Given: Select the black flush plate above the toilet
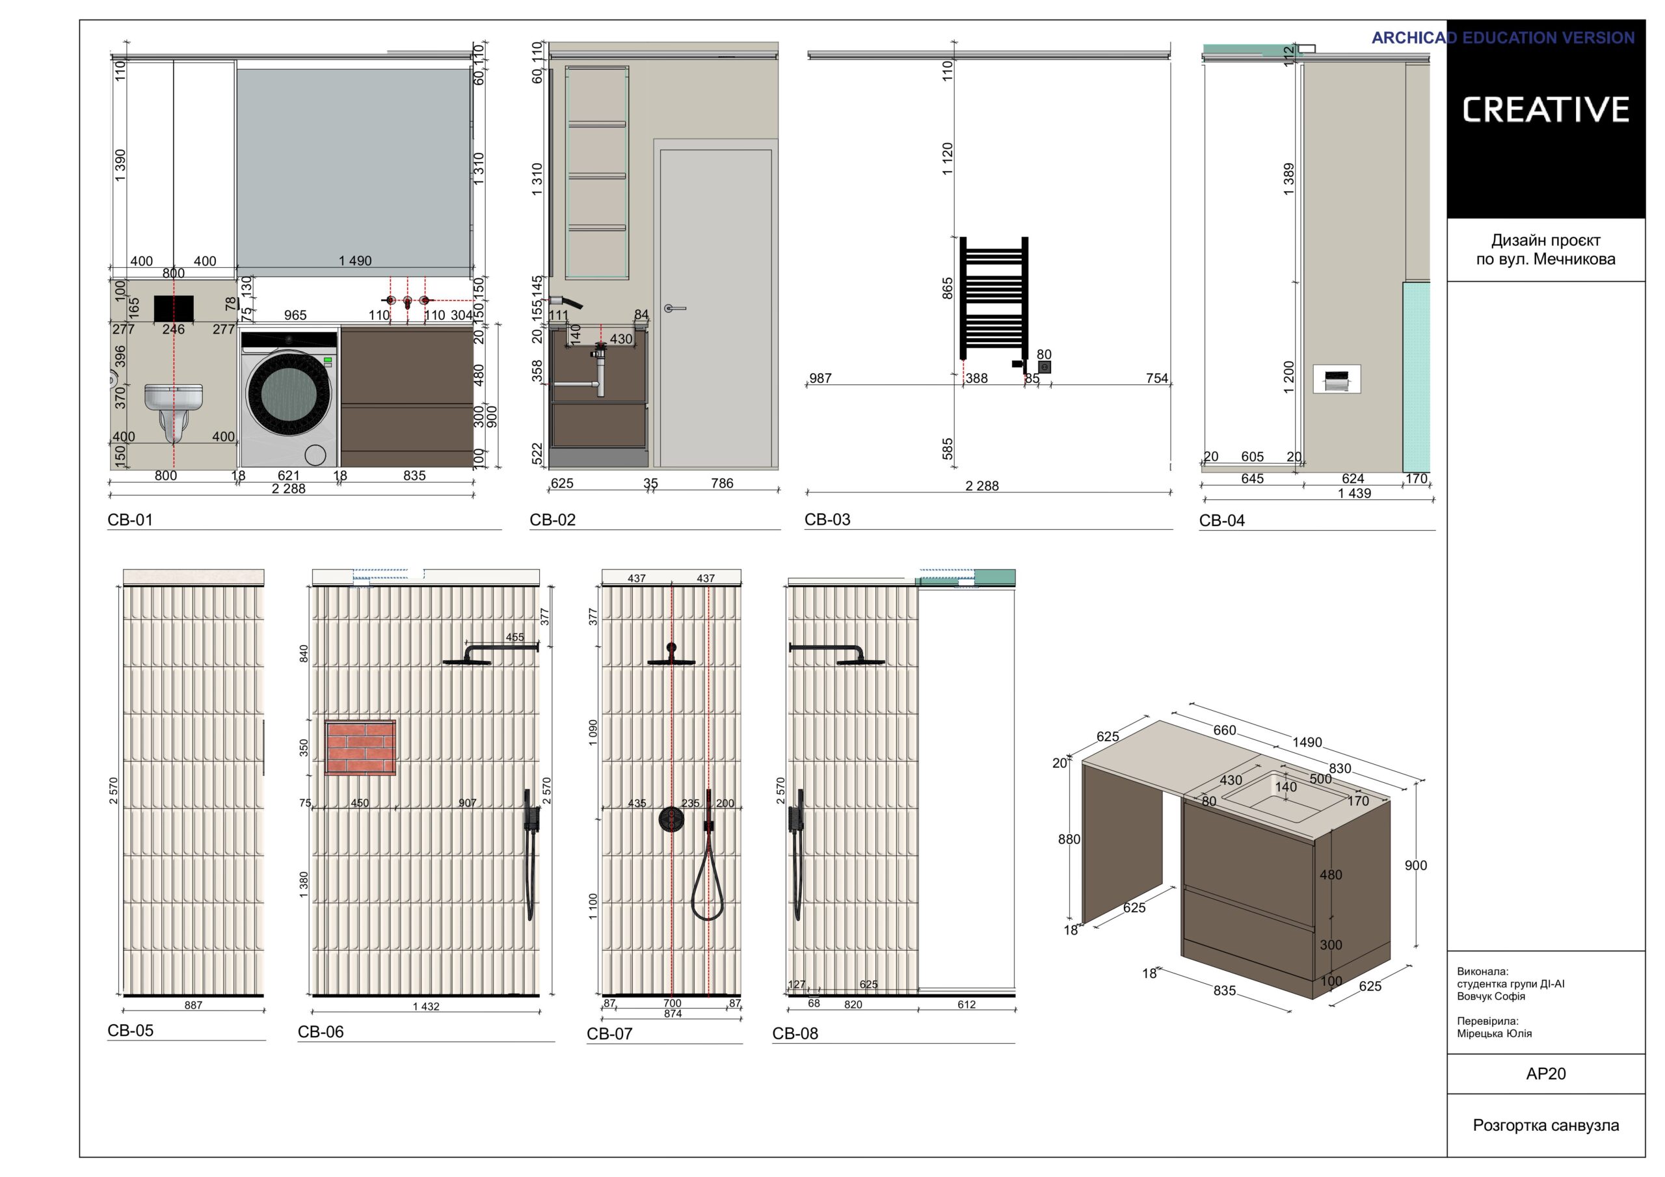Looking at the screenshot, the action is click(x=174, y=308).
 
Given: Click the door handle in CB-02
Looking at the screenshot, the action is click(x=674, y=309).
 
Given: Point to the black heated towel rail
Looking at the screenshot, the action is click(x=994, y=298).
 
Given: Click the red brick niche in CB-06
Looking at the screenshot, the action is click(x=360, y=748).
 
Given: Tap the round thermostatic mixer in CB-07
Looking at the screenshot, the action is click(x=671, y=819).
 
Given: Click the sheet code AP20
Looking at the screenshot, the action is click(x=1545, y=1074).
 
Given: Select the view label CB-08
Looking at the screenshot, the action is click(x=795, y=1033).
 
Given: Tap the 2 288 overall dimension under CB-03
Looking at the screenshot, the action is click(x=982, y=486).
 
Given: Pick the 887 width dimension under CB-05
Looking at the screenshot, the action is click(x=193, y=1005).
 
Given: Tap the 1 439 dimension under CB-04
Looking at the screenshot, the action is click(x=1355, y=493).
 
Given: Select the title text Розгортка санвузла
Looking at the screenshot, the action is click(x=1546, y=1126).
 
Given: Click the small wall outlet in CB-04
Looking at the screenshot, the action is click(x=1337, y=378).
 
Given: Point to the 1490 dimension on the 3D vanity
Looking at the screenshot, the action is click(x=1307, y=743).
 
